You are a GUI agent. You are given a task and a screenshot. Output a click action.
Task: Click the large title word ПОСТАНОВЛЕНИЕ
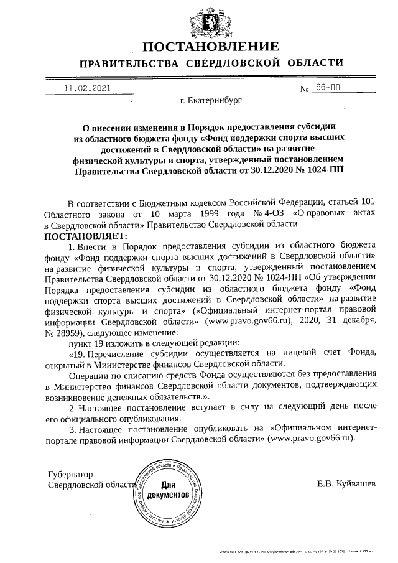click(210, 47)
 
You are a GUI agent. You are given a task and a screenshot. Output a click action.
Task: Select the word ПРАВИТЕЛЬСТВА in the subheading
click(127, 63)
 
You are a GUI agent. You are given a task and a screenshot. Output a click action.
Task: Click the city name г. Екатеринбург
click(209, 100)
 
